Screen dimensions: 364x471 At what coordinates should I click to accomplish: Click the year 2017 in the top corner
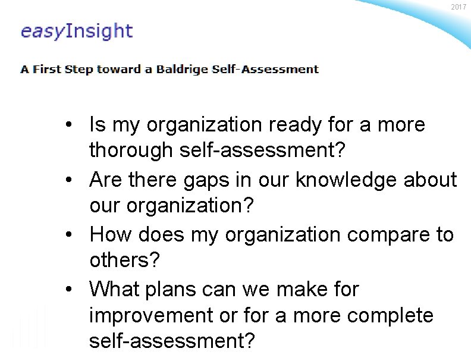coord(459,7)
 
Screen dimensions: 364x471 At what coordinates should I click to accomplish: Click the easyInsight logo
coord(76,31)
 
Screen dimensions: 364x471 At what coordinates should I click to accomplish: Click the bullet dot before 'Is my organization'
coord(70,125)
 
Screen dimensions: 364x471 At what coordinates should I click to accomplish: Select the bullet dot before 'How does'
coord(70,235)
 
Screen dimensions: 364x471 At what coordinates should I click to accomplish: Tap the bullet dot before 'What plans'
coord(70,290)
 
